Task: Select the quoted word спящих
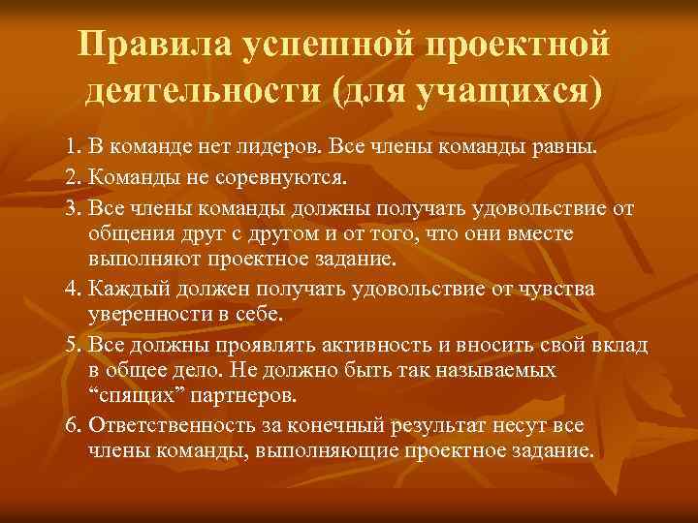(125, 397)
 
